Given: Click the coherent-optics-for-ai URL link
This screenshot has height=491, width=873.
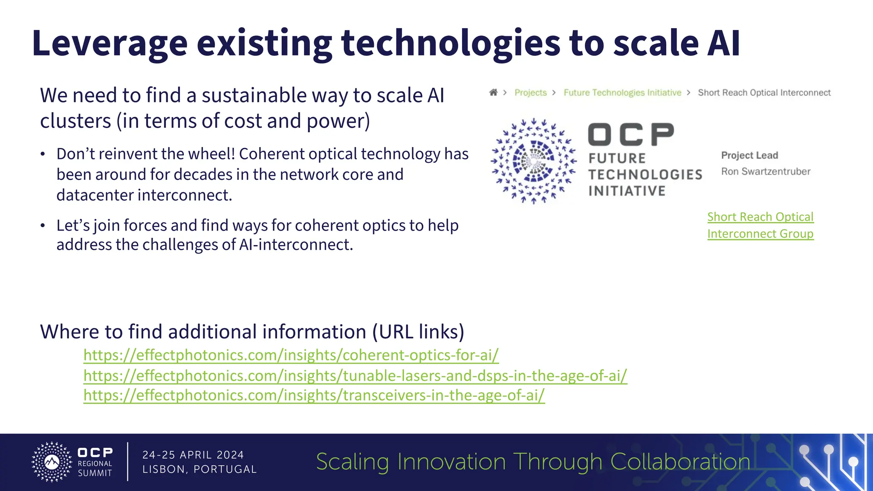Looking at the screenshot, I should pos(291,355).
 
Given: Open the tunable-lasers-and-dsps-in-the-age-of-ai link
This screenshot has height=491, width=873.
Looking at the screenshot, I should pos(355,375).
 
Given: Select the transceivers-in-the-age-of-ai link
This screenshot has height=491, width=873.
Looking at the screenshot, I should pos(314,396).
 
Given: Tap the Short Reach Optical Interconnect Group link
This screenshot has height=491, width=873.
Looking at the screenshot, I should pos(760,225).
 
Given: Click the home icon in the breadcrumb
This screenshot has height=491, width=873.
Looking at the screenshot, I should pos(493,92).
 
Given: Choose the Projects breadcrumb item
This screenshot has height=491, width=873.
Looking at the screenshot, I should pos(530,92).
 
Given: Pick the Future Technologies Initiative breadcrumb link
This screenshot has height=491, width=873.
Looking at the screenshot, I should pos(622,92).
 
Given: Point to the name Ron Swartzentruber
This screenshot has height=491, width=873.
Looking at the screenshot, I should pos(766,171).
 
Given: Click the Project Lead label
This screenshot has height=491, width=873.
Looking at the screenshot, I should pos(749,155).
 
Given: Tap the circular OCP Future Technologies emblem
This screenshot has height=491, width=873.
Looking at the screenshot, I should pos(534,161).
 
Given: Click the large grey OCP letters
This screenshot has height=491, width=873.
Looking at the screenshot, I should pos(631,135).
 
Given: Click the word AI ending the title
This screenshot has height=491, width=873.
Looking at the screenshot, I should pos(723,43).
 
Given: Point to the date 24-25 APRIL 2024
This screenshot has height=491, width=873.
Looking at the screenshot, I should pos(193,455).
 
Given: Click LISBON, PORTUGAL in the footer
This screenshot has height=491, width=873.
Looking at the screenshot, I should pos(199,469).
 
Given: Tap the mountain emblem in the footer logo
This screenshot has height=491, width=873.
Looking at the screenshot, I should pos(52,462).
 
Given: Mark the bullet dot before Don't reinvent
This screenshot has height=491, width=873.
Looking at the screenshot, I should pos(43,154).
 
